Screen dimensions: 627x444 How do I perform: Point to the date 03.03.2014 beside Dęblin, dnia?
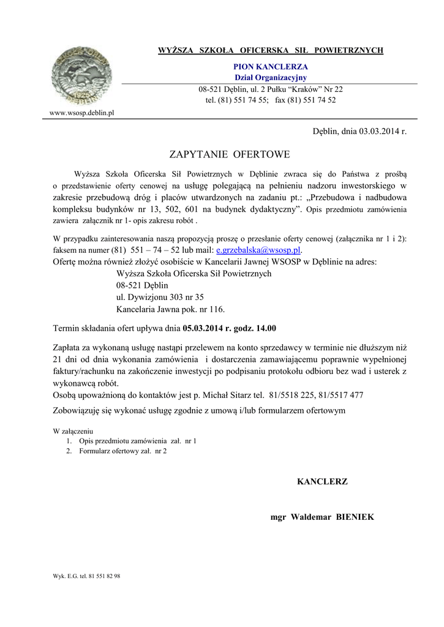[380, 131]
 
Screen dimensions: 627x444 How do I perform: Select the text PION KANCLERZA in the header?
[270, 66]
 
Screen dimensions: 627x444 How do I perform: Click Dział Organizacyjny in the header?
[270, 77]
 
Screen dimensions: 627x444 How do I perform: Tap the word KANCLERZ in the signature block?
[322, 482]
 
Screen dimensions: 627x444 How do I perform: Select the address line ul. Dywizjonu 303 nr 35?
[160, 297]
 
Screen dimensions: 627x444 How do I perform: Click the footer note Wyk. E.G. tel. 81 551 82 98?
[87, 576]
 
